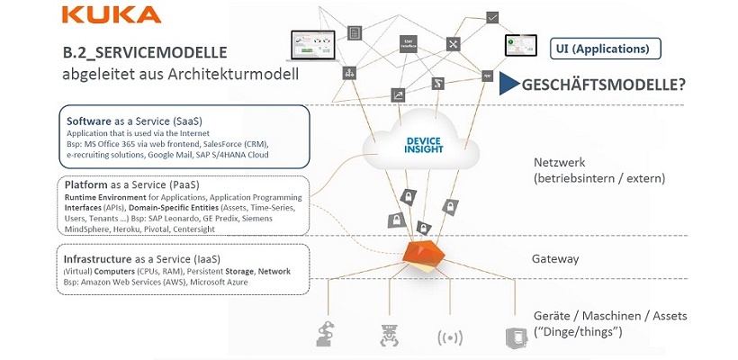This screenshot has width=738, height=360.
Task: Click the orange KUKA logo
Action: pos(112,14)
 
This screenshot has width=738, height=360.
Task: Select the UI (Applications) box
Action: pos(605,48)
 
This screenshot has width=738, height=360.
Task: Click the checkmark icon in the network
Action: pos(492,16)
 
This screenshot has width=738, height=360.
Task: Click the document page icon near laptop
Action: pos(355,31)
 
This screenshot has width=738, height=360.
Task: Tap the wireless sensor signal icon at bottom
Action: pos(449,337)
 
